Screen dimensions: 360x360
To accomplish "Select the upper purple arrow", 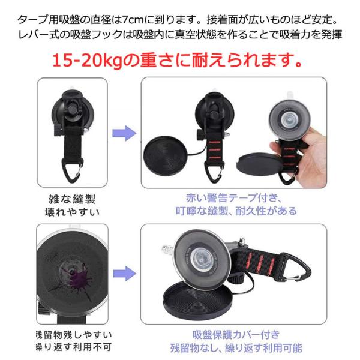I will pyautogui.click(x=125, y=133).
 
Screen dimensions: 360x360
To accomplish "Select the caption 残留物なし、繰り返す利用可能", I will pyautogui.click(x=236, y=348).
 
